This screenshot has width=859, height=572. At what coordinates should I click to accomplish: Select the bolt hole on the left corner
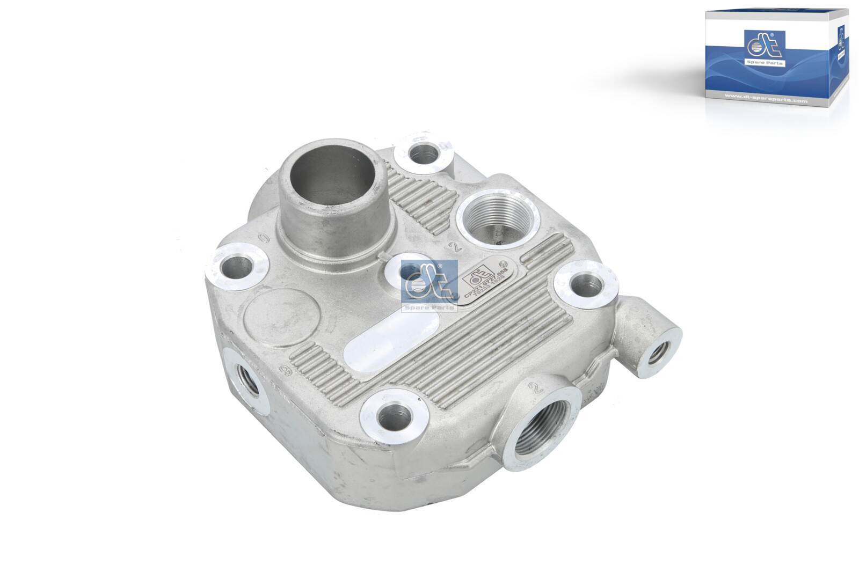click(237, 267)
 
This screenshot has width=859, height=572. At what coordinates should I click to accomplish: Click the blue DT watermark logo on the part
click(429, 285)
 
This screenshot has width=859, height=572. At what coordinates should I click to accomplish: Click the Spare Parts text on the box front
click(770, 63)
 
